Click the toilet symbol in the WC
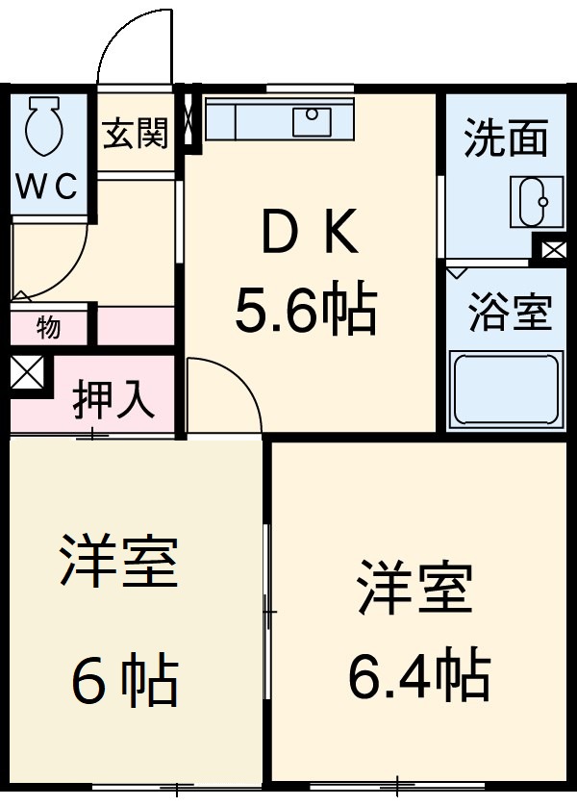click(x=43, y=127)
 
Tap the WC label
click(x=44, y=187)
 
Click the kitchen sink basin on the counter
click(x=313, y=122)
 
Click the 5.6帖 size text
click(x=305, y=308)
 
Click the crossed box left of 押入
click(x=26, y=372)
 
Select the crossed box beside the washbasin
click(x=554, y=250)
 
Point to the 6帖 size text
click(x=123, y=681)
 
